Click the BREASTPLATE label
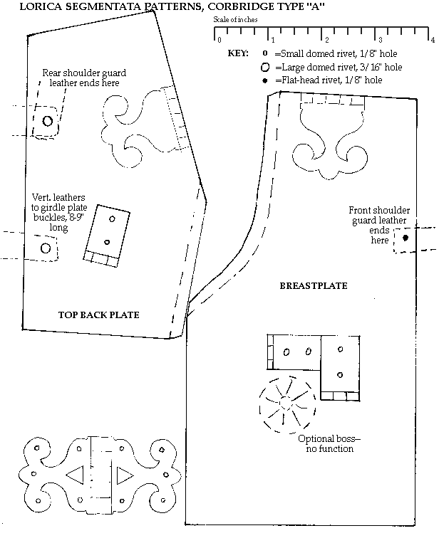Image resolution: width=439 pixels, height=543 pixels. pos(313,286)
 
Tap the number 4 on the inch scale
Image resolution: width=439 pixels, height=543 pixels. pos(433,39)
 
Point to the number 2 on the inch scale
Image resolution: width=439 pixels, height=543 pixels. pos(325,39)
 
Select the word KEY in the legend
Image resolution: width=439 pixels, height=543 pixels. pos(237,53)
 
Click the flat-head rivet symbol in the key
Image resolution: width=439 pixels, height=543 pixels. pos(264,80)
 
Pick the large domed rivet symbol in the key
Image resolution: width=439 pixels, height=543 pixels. pos(264,67)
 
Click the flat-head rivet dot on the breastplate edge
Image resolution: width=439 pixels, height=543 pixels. pos(405,238)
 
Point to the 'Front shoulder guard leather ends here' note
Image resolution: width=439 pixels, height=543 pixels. pos(379,225)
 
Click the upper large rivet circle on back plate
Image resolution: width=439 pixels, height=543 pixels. pos(48,121)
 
